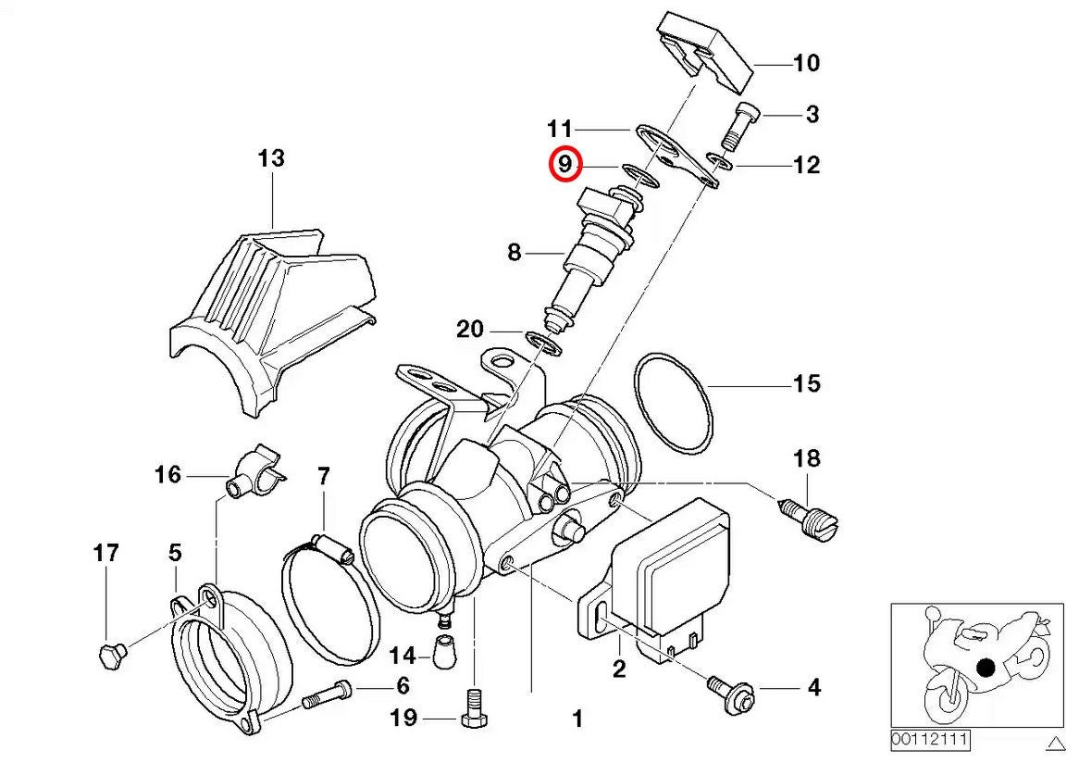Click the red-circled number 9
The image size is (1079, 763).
click(x=564, y=166)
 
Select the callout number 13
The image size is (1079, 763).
click(x=270, y=158)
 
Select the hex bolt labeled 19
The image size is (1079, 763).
click(x=474, y=714)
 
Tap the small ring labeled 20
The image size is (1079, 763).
click(x=544, y=342)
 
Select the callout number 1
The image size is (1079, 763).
click(x=577, y=718)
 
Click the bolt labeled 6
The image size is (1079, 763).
click(x=324, y=692)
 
